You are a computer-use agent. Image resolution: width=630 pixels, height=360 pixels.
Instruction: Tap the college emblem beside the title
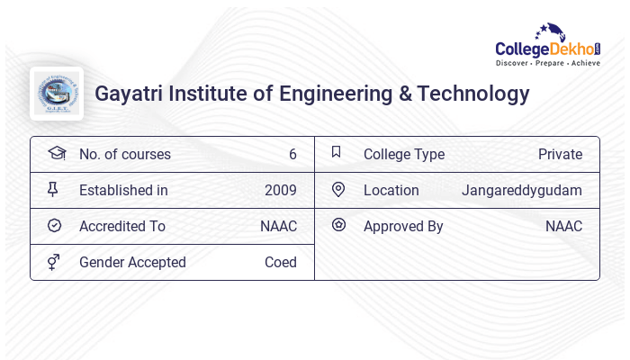[56, 94]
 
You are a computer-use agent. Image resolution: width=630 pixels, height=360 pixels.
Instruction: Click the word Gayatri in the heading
[128, 94]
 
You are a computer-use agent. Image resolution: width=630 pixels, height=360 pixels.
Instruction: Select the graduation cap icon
[56, 153]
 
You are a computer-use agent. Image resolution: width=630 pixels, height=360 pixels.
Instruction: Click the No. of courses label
[124, 154]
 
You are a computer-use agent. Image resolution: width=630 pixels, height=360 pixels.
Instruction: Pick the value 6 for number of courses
[292, 154]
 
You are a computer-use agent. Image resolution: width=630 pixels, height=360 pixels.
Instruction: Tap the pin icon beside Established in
[52, 190]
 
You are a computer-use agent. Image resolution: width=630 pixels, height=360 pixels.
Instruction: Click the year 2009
[280, 190]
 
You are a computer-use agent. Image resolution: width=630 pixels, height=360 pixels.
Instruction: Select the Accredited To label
[121, 226]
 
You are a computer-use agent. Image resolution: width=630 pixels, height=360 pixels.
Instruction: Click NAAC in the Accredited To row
[278, 226]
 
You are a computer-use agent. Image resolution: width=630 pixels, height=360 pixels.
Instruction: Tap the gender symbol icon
[53, 262]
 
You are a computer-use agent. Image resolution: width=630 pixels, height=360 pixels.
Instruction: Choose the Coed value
[280, 262]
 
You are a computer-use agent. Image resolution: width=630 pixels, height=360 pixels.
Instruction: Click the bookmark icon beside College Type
[337, 153]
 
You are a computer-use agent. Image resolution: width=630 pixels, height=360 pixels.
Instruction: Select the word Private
[560, 154]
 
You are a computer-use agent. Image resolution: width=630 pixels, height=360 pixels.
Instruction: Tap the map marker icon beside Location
[338, 190]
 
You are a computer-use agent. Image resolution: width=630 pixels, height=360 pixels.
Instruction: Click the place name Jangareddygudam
[522, 190]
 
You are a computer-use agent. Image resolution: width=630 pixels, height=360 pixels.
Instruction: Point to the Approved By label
[403, 226]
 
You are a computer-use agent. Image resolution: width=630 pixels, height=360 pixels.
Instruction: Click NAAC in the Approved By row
[563, 226]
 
